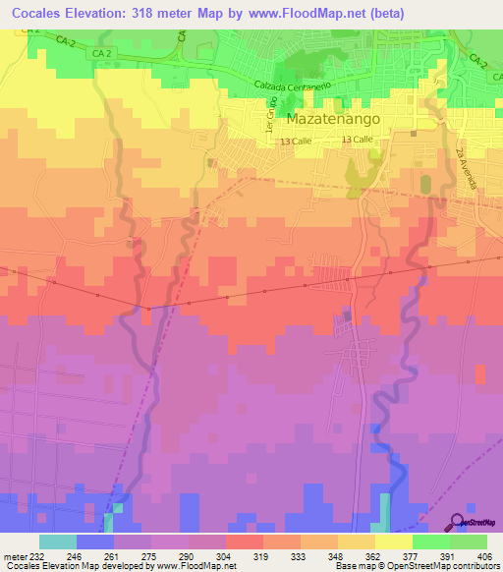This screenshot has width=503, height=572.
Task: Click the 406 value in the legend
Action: (x=488, y=556)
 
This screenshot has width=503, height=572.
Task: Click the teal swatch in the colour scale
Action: (x=58, y=542)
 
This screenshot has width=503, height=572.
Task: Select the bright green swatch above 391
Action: (x=430, y=542)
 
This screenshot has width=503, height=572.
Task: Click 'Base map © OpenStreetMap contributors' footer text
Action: (x=416, y=567)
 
